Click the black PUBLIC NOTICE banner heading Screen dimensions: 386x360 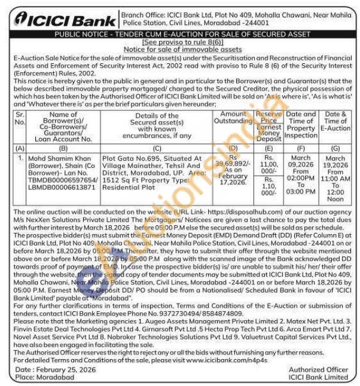point(179,35)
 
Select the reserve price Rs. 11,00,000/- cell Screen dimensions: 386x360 point(269,165)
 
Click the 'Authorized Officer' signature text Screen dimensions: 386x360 point(318,370)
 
